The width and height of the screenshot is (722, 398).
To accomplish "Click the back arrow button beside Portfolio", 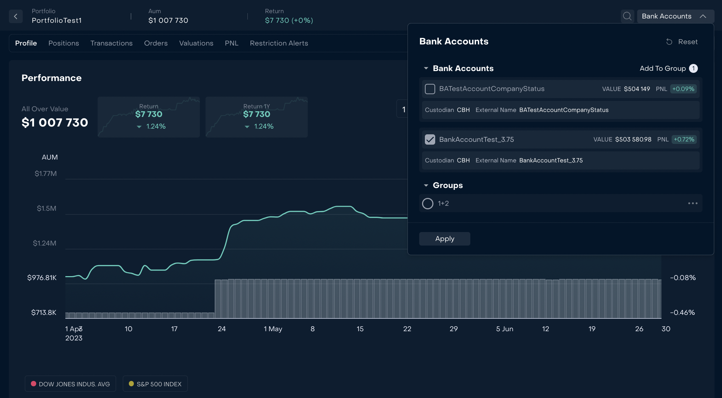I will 16,16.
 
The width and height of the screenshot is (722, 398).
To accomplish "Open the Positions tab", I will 64,43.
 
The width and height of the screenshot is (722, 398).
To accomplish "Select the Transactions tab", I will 111,43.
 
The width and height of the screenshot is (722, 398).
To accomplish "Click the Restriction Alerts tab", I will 279,43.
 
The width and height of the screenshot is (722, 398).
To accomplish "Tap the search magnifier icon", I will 627,16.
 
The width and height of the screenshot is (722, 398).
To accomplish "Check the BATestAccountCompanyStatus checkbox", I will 430,89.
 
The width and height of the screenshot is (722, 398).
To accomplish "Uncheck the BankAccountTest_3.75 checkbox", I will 430,140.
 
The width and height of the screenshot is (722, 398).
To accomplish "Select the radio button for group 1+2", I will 428,204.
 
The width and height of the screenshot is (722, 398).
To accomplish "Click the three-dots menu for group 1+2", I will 693,204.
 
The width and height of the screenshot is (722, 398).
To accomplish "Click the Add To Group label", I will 662,69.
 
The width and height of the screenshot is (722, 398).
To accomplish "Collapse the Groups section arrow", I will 426,185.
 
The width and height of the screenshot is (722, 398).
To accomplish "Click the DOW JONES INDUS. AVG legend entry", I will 70,384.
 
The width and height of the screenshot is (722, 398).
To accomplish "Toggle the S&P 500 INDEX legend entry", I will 155,384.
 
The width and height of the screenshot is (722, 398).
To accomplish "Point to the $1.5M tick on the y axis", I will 47,208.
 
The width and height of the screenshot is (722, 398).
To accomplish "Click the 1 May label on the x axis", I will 273,329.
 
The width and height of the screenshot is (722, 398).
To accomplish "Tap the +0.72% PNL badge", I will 684,140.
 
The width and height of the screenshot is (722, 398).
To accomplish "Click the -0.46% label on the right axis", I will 682,313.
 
